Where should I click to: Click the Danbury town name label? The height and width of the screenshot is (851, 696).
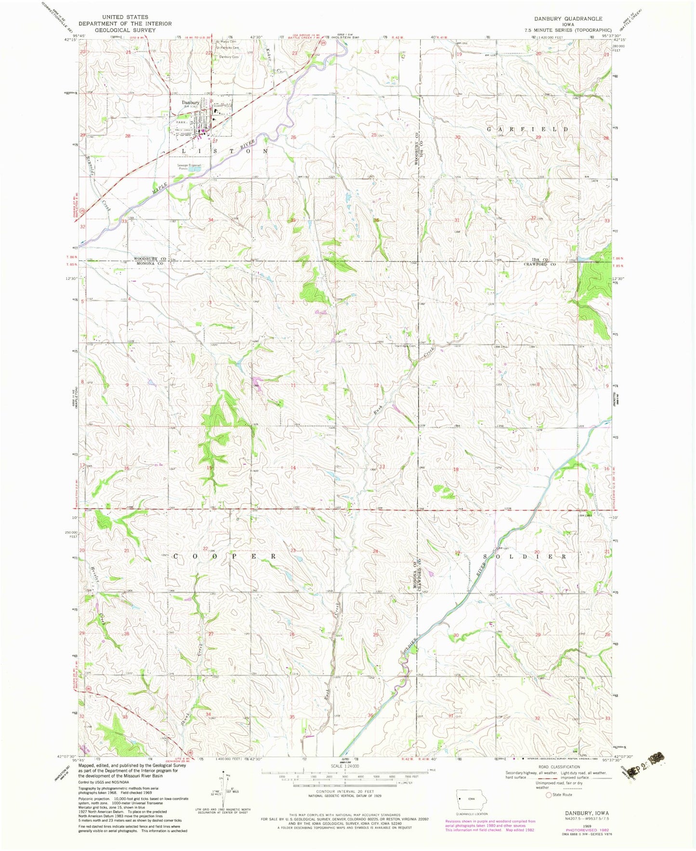(190, 103)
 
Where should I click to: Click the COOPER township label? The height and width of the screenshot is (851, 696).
(224, 556)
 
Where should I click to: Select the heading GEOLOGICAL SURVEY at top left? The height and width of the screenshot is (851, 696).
(125, 30)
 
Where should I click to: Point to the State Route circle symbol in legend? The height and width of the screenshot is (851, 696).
(548, 795)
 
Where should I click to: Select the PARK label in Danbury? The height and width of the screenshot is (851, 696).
(181, 122)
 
